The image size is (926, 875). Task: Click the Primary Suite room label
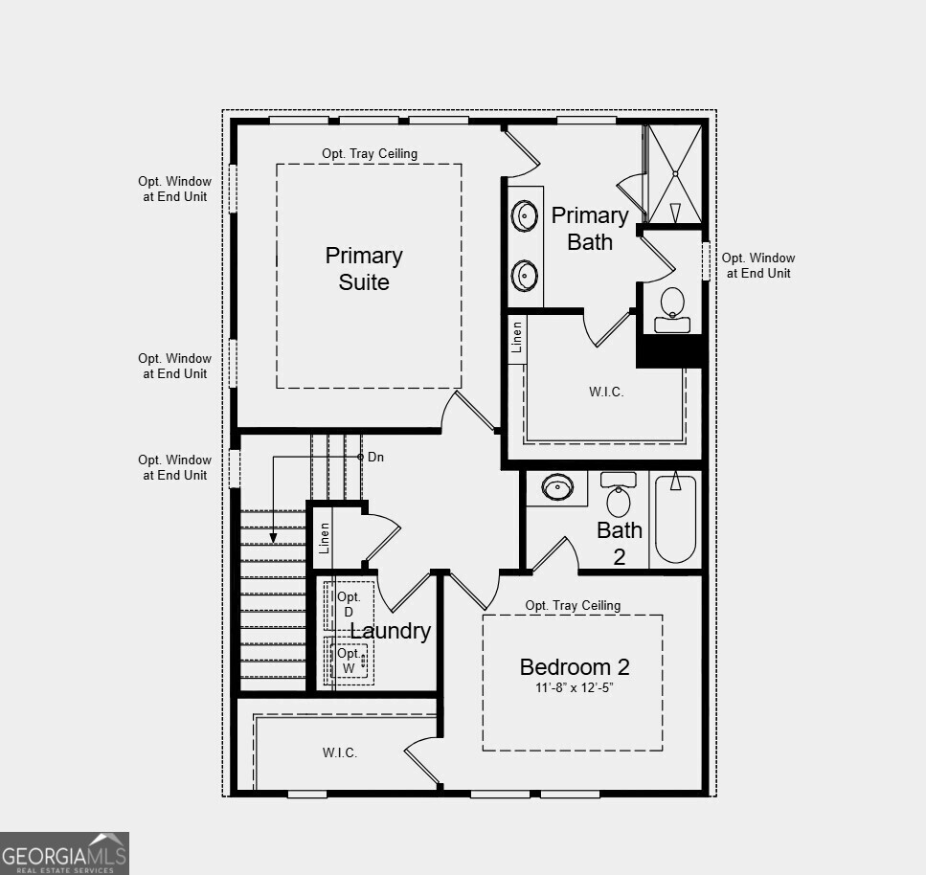(x=364, y=269)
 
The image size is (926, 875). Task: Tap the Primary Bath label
(x=589, y=229)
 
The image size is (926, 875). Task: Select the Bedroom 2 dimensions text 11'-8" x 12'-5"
(x=574, y=687)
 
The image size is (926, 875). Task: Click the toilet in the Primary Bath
(x=672, y=309)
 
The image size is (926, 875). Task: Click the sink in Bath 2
(x=557, y=488)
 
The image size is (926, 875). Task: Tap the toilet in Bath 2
(x=619, y=494)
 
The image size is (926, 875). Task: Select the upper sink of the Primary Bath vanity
(x=524, y=215)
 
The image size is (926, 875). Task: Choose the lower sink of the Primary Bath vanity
(x=524, y=275)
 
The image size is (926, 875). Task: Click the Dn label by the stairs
(x=375, y=457)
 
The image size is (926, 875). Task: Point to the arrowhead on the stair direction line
(x=274, y=538)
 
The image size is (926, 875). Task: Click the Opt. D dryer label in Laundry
(x=349, y=605)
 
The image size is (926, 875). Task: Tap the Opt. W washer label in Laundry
(x=349, y=662)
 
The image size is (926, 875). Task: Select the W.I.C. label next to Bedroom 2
(x=340, y=752)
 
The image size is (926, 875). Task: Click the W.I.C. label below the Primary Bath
(x=606, y=393)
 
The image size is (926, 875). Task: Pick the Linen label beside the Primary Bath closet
(x=517, y=337)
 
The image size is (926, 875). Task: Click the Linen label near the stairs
(x=325, y=538)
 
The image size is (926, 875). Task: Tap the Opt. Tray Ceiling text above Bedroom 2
(x=573, y=605)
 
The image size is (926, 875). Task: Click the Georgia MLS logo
(x=64, y=854)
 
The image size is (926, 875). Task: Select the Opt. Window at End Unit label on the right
(x=758, y=266)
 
